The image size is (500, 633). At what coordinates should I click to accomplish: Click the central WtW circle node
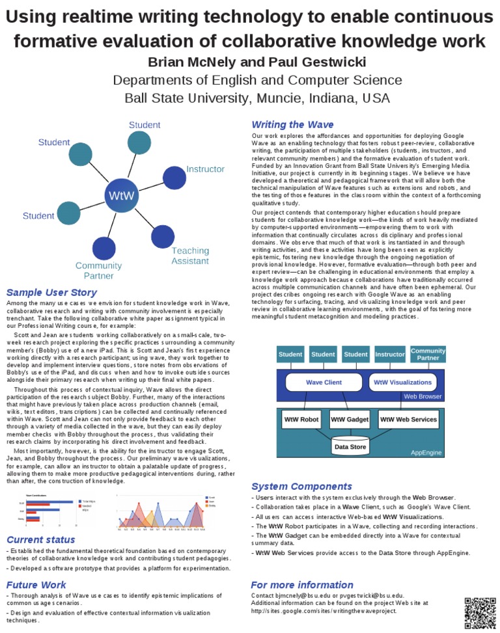[122, 195]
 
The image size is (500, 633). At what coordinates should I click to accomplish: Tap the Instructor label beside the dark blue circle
[205, 169]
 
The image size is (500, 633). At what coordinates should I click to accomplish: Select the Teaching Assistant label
[190, 256]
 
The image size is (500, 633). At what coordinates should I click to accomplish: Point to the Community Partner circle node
[104, 248]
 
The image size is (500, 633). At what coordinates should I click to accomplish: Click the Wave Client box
[324, 382]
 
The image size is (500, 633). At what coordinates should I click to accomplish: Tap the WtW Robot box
[301, 419]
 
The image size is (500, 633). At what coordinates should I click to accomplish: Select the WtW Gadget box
[350, 419]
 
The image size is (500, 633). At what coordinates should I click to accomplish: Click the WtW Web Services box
[408, 419]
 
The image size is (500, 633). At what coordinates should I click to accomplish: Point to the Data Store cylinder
[350, 446]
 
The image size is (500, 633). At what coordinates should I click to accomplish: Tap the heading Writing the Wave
[292, 124]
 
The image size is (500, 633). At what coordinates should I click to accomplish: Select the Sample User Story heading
[51, 292]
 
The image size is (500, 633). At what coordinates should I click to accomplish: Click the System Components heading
[301, 486]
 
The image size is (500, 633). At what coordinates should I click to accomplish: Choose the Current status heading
[40, 539]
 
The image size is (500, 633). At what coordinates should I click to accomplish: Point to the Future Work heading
[36, 584]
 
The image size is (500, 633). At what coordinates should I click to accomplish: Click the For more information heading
[302, 584]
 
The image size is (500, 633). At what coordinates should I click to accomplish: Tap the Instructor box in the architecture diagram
[390, 355]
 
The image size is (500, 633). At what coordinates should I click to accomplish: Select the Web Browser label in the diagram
[423, 396]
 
